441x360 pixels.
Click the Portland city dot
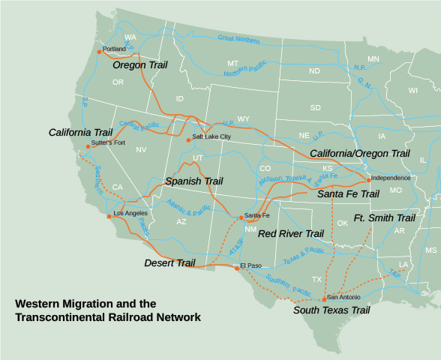point(99,52)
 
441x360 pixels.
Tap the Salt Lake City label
point(211,137)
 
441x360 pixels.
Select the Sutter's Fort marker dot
point(88,147)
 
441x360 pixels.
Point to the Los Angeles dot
point(109,216)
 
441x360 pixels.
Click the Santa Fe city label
point(257,216)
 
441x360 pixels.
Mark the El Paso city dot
point(238,268)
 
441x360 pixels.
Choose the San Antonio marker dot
point(324,299)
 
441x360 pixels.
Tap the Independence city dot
point(368,180)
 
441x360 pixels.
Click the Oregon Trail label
point(139,65)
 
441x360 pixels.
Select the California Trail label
point(80,132)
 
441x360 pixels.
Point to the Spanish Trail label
point(194,181)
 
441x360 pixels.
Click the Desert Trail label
point(169,263)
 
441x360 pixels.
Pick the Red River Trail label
point(291,234)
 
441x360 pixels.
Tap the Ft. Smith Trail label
point(384,218)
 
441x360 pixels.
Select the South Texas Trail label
point(331,310)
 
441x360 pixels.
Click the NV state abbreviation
point(141,150)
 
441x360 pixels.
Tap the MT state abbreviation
point(232,64)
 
